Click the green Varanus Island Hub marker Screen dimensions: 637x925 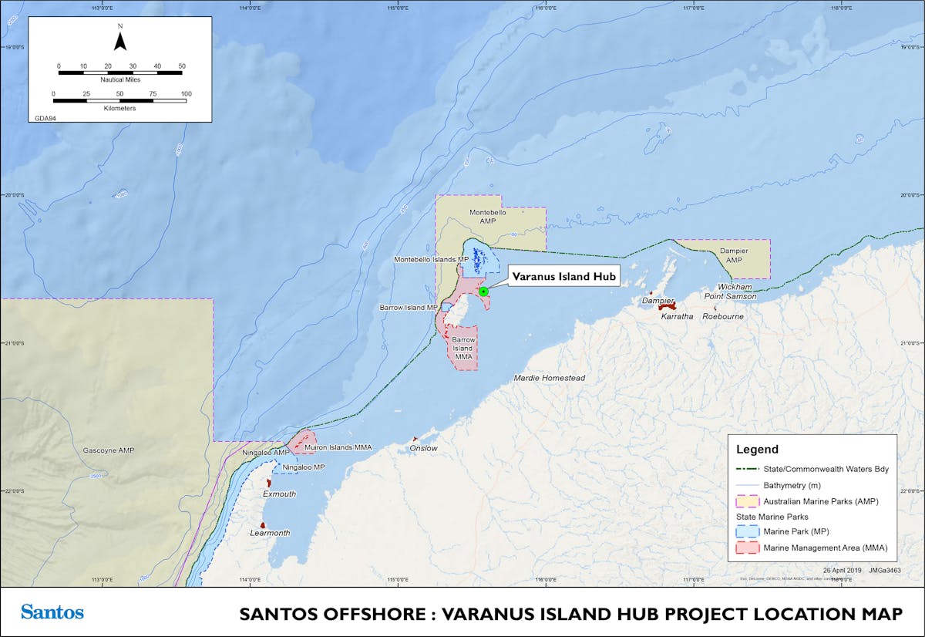click(483, 292)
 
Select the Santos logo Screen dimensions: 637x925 click(52, 612)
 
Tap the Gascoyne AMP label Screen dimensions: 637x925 click(108, 450)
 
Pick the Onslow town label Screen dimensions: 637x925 click(424, 448)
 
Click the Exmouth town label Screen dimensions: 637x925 click(279, 494)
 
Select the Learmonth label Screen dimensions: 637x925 click(270, 533)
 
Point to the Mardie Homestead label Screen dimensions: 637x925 click(550, 378)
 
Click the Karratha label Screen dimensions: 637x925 click(675, 316)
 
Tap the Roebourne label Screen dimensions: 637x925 click(723, 316)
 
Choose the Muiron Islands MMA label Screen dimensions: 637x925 click(339, 447)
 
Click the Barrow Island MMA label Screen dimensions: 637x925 click(463, 348)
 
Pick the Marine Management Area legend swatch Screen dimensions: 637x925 click(748, 548)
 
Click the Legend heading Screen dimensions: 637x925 click(757, 450)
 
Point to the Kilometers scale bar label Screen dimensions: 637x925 click(119, 108)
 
